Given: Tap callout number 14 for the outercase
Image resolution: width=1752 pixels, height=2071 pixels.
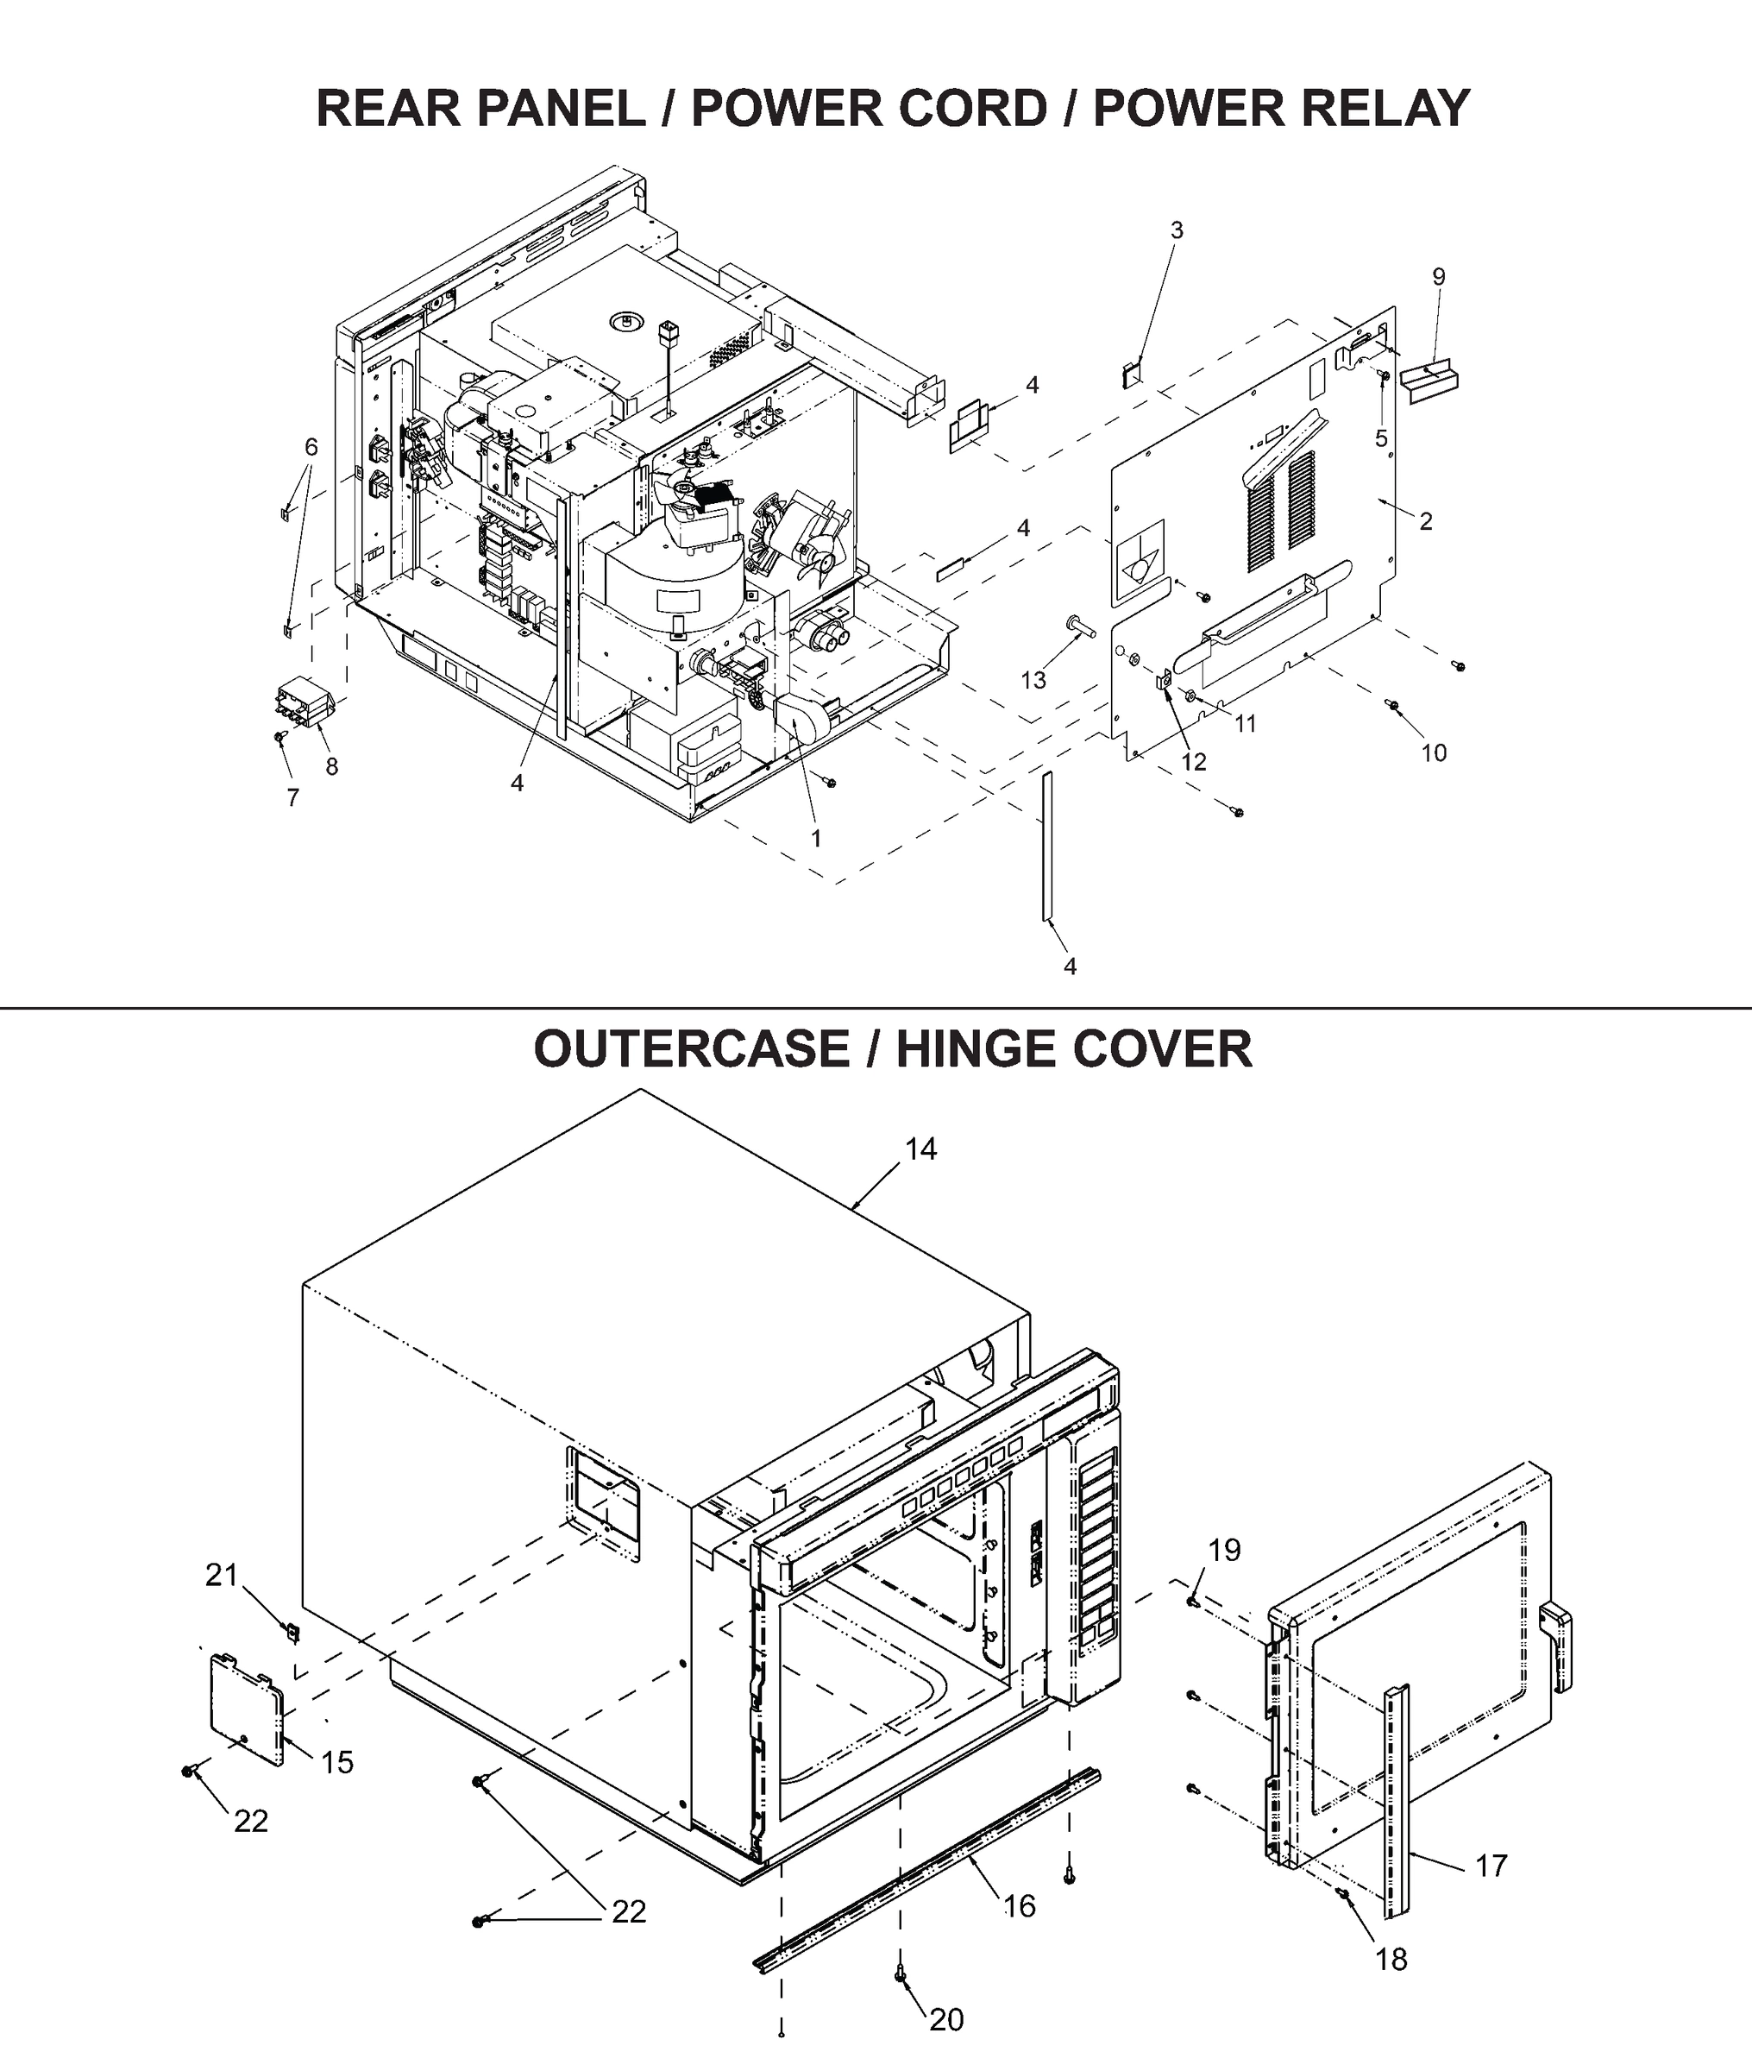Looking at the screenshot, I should tap(920, 1149).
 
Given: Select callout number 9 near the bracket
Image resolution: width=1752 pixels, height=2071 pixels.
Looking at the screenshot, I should tap(1438, 277).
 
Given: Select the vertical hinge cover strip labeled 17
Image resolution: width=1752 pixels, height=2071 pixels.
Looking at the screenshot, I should tap(1397, 1797).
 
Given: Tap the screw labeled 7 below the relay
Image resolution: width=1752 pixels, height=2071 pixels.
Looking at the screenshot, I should tap(280, 737).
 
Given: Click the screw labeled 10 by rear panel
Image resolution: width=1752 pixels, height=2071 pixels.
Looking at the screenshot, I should tap(1392, 706).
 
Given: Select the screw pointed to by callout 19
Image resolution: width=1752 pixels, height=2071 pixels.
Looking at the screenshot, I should tap(1192, 1600).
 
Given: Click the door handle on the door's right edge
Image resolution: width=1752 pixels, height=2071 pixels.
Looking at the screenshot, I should tap(1556, 1644).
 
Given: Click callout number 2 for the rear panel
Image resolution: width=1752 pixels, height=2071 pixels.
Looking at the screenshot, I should tap(1425, 521).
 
